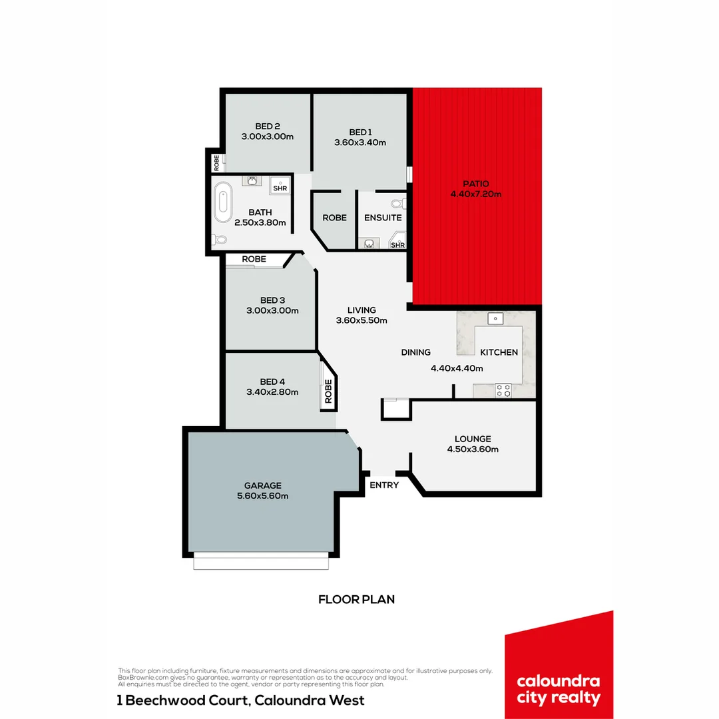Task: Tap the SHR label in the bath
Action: [280, 188]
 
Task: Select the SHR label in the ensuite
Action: [397, 245]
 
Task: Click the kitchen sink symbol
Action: [495, 318]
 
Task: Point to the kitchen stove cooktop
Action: [503, 391]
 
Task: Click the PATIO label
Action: [476, 184]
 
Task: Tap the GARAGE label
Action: [262, 485]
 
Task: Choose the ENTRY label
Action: [384, 485]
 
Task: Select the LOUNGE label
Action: [473, 439]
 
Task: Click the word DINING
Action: [415, 352]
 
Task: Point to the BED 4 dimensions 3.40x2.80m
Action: [272, 391]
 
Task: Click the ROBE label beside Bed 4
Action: [328, 391]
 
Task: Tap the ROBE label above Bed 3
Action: [254, 259]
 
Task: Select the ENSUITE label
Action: [383, 218]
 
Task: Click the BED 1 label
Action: [360, 131]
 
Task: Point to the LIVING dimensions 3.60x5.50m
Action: [361, 320]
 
